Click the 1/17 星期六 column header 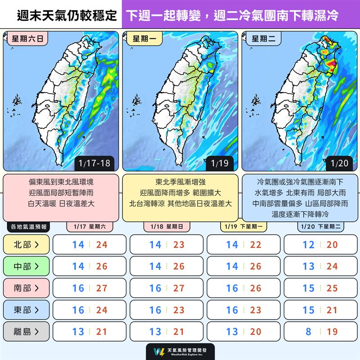pyautogui.click(x=90, y=227)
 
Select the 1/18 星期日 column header pyautogui.click(x=166, y=227)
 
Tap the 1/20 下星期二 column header pyautogui.click(x=321, y=227)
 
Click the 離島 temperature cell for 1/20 pyautogui.click(x=321, y=332)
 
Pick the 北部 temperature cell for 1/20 pyautogui.click(x=321, y=244)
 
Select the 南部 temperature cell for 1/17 pyautogui.click(x=90, y=288)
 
